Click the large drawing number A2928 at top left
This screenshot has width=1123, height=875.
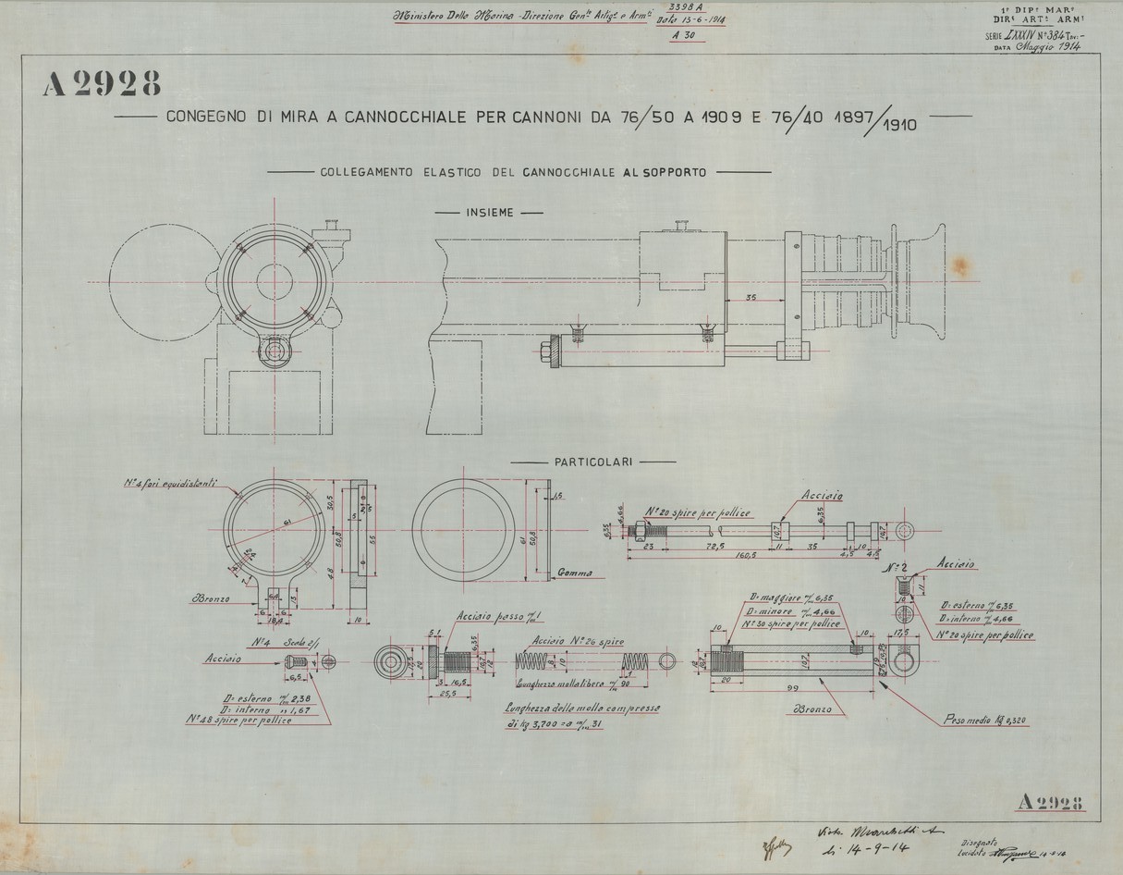[103, 85]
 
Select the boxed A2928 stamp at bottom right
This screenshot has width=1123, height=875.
[1048, 802]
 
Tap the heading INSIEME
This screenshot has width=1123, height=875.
[489, 212]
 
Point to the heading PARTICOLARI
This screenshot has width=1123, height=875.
[592, 460]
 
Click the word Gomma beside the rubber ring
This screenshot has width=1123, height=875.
[575, 573]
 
